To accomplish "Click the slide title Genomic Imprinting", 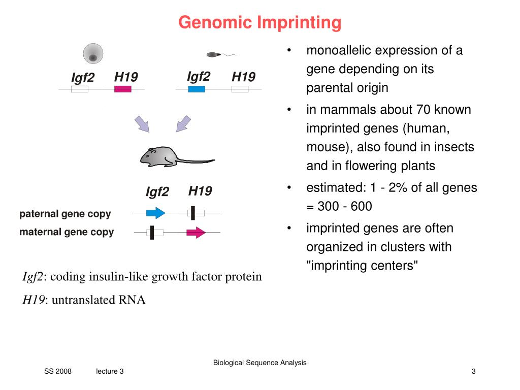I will click(x=259, y=22).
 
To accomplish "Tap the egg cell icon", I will click(x=93, y=54).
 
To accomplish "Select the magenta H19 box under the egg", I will click(x=123, y=89).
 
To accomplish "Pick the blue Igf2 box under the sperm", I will click(x=197, y=89).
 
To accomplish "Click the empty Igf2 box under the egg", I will click(x=79, y=89).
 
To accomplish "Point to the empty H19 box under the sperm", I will click(x=240, y=89).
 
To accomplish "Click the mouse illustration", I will click(x=162, y=156).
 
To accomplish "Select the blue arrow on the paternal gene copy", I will click(x=155, y=213).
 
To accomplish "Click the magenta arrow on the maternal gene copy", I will click(x=196, y=233).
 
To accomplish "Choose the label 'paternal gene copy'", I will click(x=65, y=214).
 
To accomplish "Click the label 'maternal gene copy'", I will click(x=67, y=232).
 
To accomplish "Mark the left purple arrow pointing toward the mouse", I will click(x=142, y=124).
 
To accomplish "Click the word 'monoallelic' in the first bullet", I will click(x=337, y=51).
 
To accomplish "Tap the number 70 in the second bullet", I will click(x=422, y=110).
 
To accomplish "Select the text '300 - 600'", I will click(x=345, y=207).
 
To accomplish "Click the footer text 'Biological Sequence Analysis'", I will click(x=259, y=363).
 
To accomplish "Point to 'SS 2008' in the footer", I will click(x=58, y=372).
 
